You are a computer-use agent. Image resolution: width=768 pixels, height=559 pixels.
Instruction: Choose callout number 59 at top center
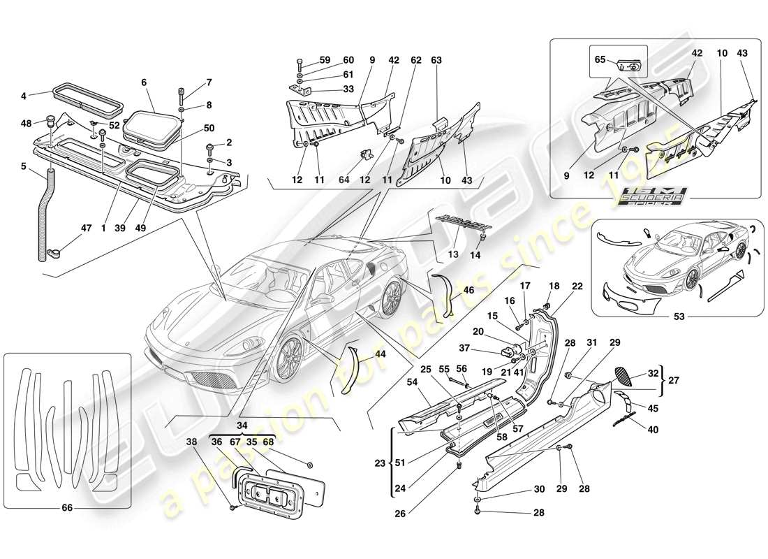pyautogui.click(x=325, y=60)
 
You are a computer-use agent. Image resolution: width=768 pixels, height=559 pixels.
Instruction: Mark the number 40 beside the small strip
pyautogui.click(x=653, y=430)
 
